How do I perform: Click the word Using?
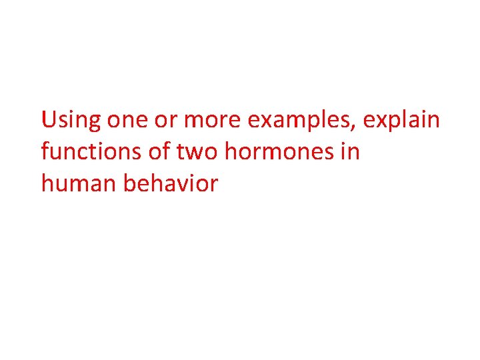pos(71,121)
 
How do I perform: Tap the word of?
pos(160,152)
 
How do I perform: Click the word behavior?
pos(171,183)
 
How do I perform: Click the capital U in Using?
pos(48,121)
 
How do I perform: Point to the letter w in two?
pos(198,153)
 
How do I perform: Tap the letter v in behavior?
pos(188,185)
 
